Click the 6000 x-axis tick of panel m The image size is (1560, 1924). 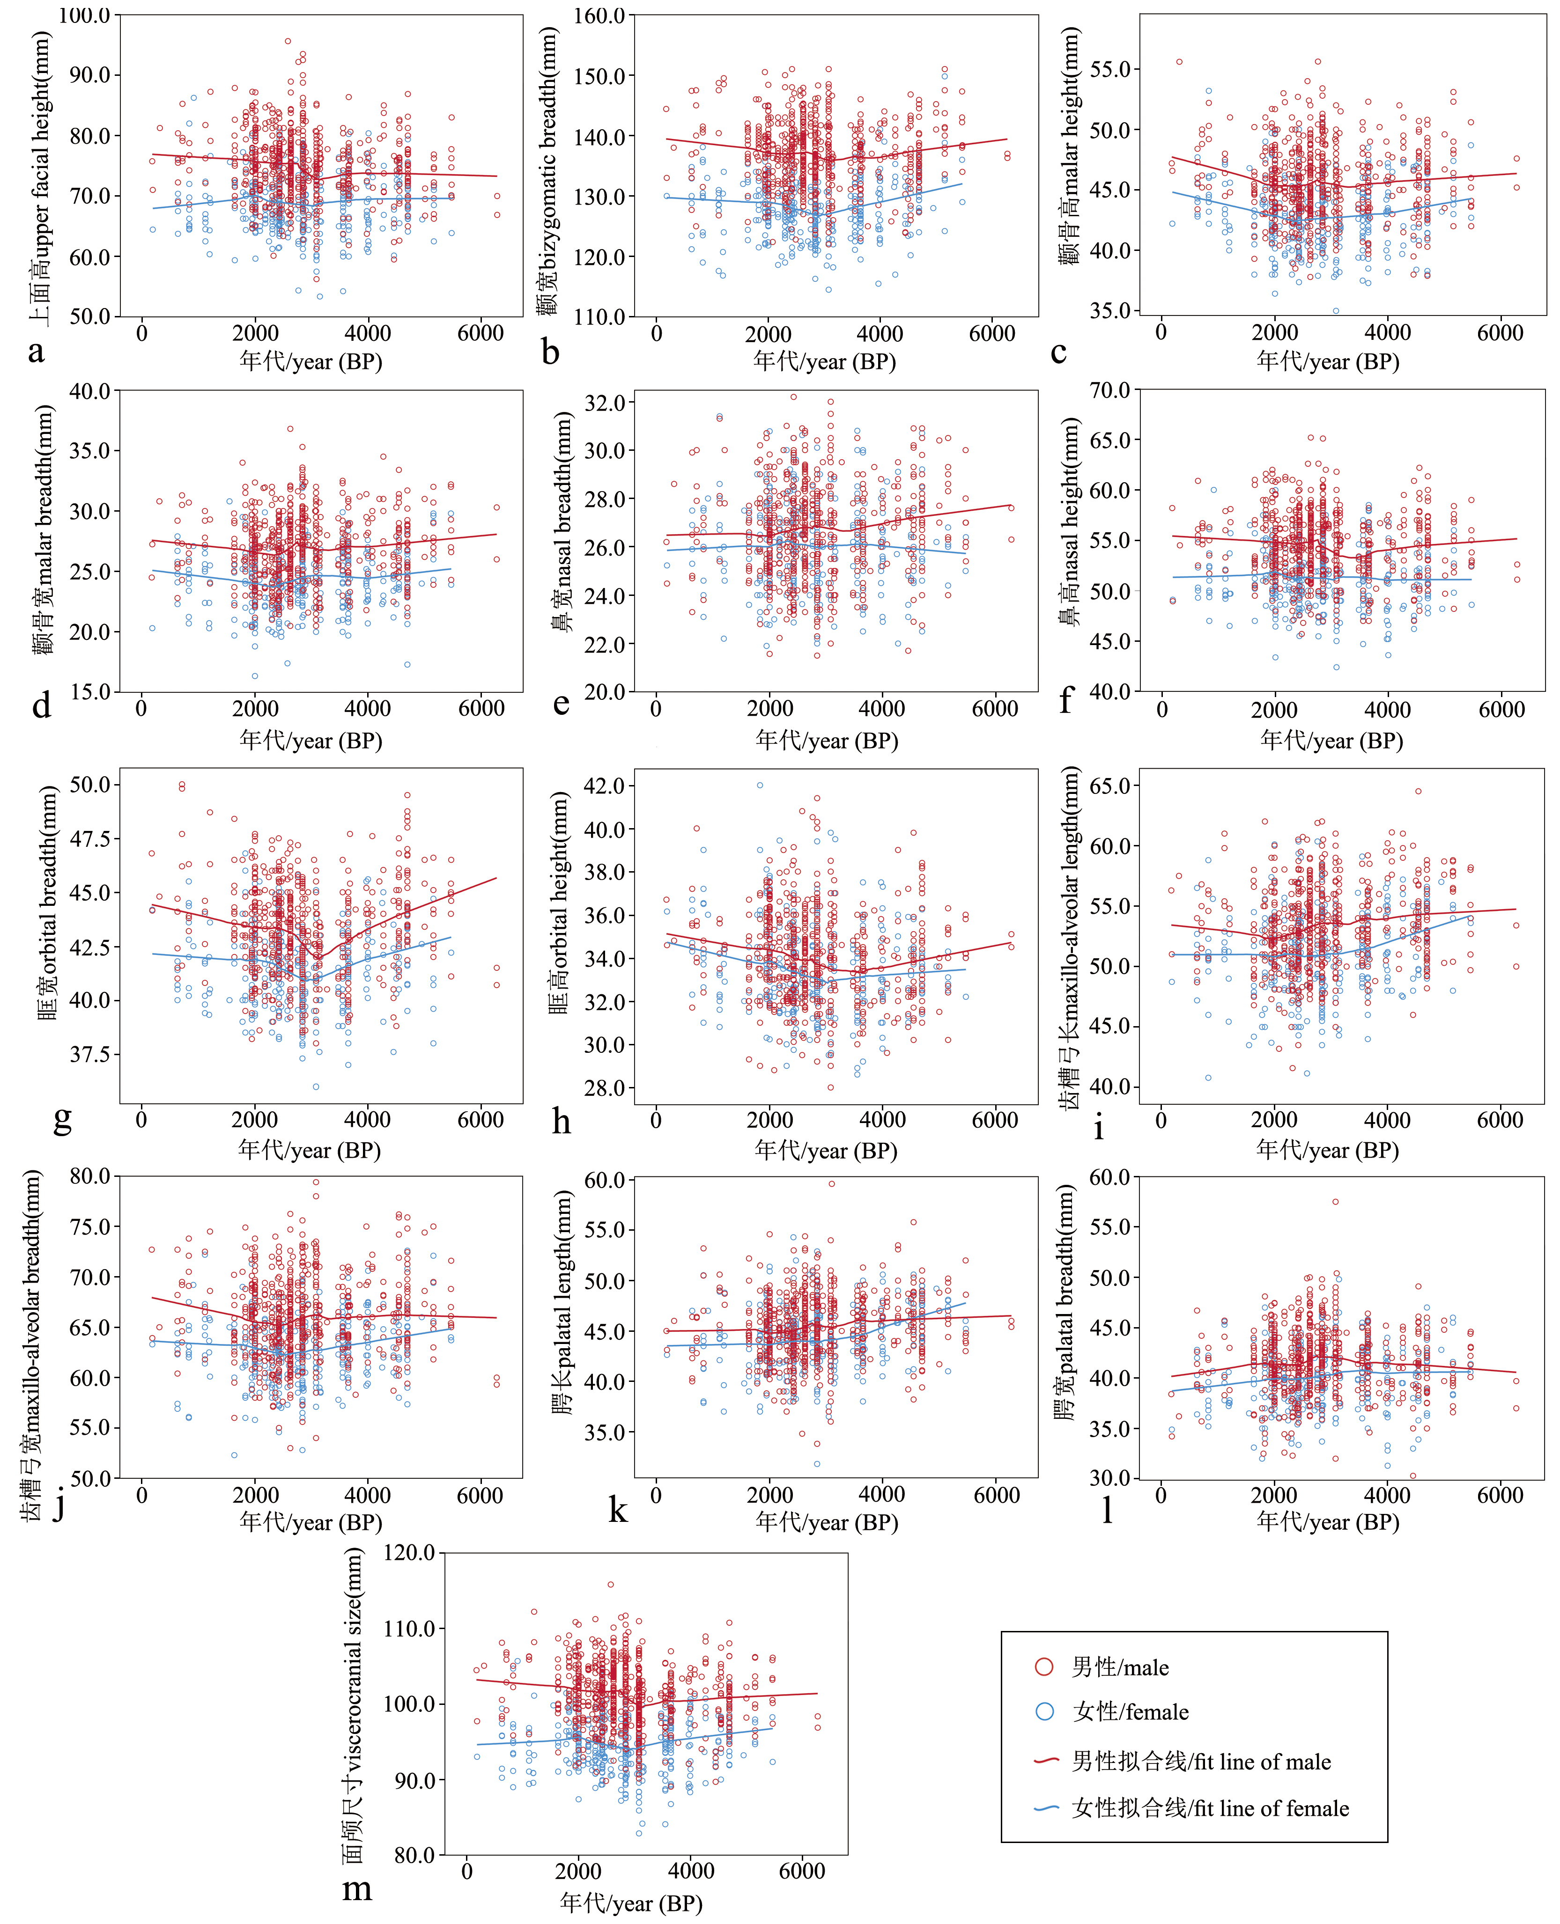point(802,1871)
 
